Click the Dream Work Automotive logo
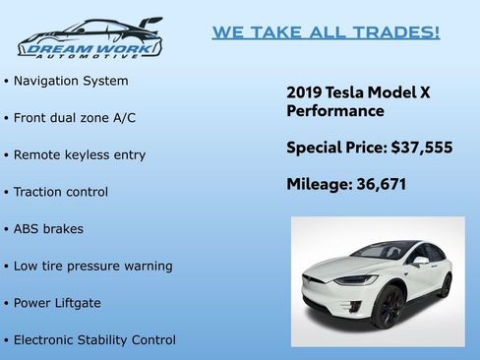click(x=90, y=38)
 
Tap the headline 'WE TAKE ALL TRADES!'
click(x=326, y=32)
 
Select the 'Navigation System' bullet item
click(x=71, y=81)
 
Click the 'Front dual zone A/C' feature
click(x=75, y=118)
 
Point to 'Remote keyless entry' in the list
click(x=80, y=154)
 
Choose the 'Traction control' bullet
click(x=61, y=192)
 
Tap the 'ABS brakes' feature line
click(x=48, y=229)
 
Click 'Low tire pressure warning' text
click(x=92, y=266)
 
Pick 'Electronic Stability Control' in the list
click(x=94, y=340)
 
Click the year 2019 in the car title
click(x=303, y=91)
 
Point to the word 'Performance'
click(x=335, y=112)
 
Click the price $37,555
click(x=421, y=149)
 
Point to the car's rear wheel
click(x=445, y=286)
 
